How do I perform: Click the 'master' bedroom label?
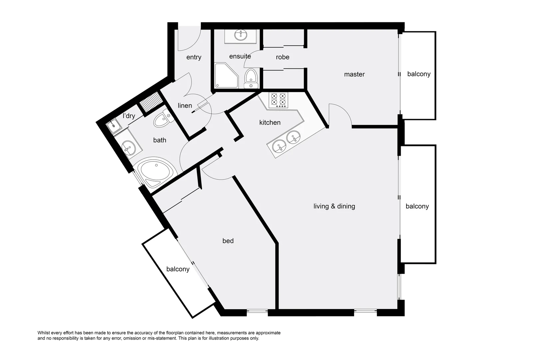click(354, 74)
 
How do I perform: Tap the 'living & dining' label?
click(334, 206)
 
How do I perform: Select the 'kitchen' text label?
click(270, 123)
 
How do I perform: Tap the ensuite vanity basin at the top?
click(241, 35)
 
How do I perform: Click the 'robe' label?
click(282, 57)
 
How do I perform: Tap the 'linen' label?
click(185, 106)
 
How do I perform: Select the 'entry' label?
click(194, 57)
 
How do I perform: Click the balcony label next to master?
click(418, 74)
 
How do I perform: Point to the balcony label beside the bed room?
click(178, 269)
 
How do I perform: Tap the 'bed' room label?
click(228, 241)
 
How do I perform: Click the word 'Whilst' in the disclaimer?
click(44, 333)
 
